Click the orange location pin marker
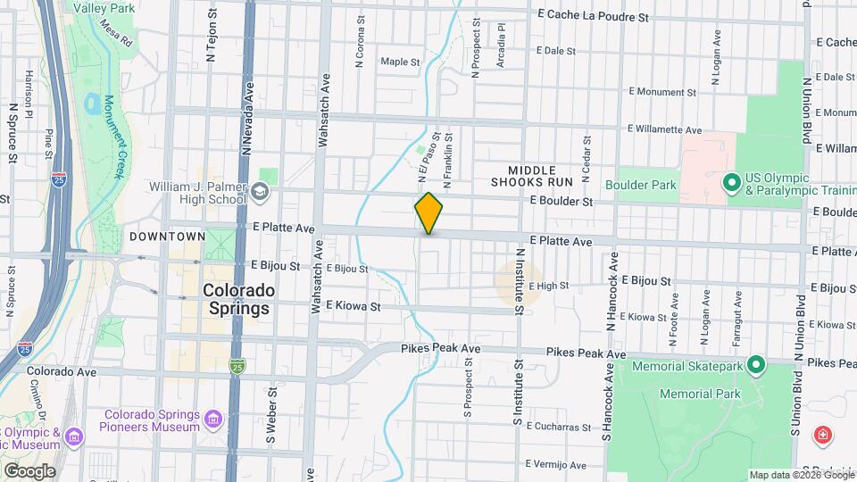(x=428, y=212)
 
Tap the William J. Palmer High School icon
(x=259, y=191)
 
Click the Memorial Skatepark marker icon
(x=757, y=366)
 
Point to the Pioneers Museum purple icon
(x=212, y=420)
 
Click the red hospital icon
(x=822, y=436)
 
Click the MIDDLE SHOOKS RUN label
(x=539, y=176)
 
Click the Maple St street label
(x=400, y=62)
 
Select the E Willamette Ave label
(x=665, y=129)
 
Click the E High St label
(x=549, y=286)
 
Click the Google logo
(x=29, y=470)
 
